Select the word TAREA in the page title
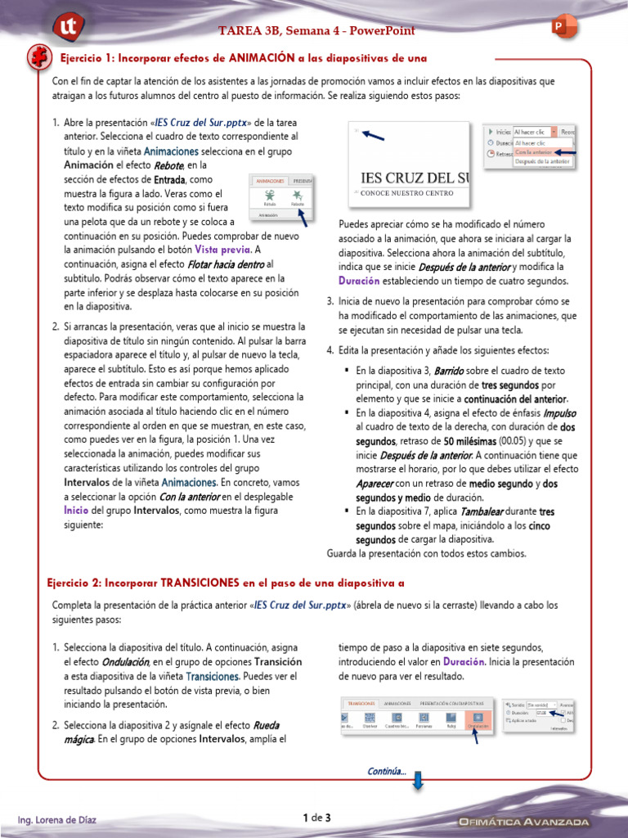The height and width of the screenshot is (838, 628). coord(236,31)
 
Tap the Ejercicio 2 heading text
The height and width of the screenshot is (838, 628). coord(225,583)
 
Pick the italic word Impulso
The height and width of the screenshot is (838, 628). coord(560,413)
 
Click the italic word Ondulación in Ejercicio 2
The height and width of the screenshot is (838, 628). coord(125,661)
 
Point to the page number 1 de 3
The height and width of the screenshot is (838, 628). coord(316,818)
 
